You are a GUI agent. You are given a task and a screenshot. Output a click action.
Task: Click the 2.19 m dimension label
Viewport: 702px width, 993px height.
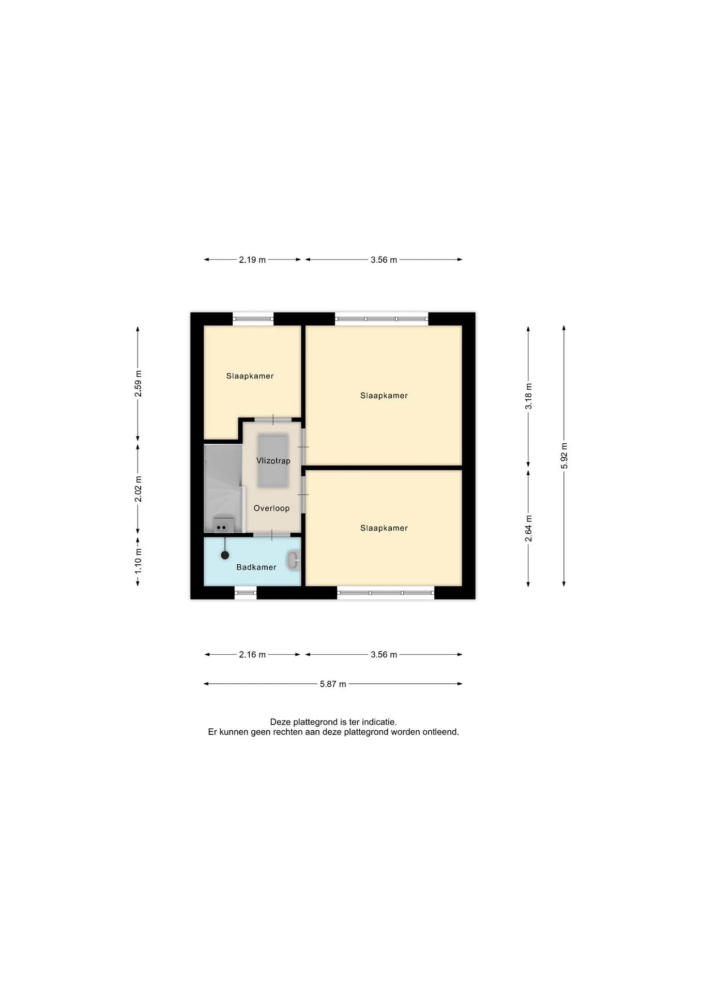(x=252, y=260)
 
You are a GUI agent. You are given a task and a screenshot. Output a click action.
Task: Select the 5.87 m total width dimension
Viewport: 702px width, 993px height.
(x=333, y=684)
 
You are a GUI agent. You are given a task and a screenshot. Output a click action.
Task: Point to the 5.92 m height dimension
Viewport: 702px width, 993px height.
(x=564, y=456)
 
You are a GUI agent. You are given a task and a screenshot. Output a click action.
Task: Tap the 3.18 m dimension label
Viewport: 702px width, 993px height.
(x=528, y=397)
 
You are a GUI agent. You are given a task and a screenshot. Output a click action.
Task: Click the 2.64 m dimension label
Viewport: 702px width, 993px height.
(x=528, y=529)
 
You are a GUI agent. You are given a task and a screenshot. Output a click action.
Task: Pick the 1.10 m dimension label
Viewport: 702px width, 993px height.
(x=138, y=561)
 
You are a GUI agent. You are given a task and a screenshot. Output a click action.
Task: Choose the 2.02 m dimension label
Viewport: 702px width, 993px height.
(x=138, y=489)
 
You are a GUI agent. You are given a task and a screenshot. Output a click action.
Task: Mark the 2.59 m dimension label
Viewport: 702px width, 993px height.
(x=138, y=384)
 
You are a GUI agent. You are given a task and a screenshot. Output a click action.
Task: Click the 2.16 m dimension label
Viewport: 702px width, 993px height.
(x=252, y=655)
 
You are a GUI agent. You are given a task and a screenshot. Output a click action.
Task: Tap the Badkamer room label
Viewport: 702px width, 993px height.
(x=256, y=567)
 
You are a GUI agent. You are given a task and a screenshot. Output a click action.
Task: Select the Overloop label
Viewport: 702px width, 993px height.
(x=271, y=508)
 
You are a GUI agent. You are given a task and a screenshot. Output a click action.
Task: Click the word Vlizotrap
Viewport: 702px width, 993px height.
(x=273, y=461)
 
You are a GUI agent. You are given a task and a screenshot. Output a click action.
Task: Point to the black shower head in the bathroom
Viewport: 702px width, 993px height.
(x=225, y=555)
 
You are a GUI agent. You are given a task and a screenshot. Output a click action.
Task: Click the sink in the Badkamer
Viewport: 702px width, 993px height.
(x=294, y=561)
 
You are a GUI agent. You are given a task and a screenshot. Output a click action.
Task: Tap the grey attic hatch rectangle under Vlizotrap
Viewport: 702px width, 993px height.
(x=273, y=461)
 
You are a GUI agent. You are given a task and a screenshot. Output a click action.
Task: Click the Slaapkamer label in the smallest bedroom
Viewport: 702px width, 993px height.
(x=250, y=376)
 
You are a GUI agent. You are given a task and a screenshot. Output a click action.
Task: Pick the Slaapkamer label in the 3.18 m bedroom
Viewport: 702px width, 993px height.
(x=384, y=396)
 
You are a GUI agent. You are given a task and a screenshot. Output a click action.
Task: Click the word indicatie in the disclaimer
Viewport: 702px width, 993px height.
(x=379, y=722)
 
